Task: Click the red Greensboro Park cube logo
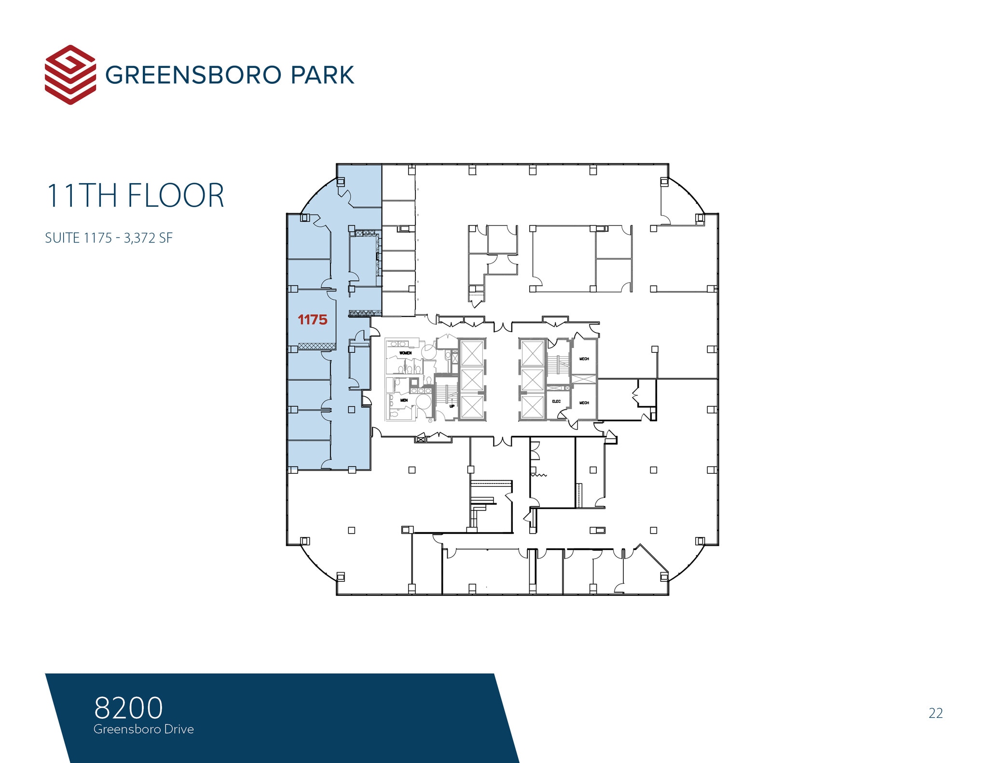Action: coord(70,75)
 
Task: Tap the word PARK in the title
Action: coord(322,75)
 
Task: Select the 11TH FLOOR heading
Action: coord(135,196)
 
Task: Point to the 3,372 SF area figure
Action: coord(148,238)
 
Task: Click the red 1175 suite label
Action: coord(313,320)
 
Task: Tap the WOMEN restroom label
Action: coord(405,353)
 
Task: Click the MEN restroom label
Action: coord(404,400)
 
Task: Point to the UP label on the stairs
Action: coord(452,406)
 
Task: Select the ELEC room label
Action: coord(556,401)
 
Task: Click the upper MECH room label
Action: coord(584,359)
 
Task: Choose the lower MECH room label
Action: coord(584,402)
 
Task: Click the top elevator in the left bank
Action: coord(472,353)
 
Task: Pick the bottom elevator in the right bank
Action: coord(533,406)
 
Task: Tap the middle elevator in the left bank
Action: coord(472,380)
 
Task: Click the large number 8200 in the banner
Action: coord(128,708)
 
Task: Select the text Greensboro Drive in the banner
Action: coord(144,729)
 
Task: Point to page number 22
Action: coord(935,713)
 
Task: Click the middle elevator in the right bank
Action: coord(533,380)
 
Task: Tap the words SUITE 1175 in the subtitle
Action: coord(78,238)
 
